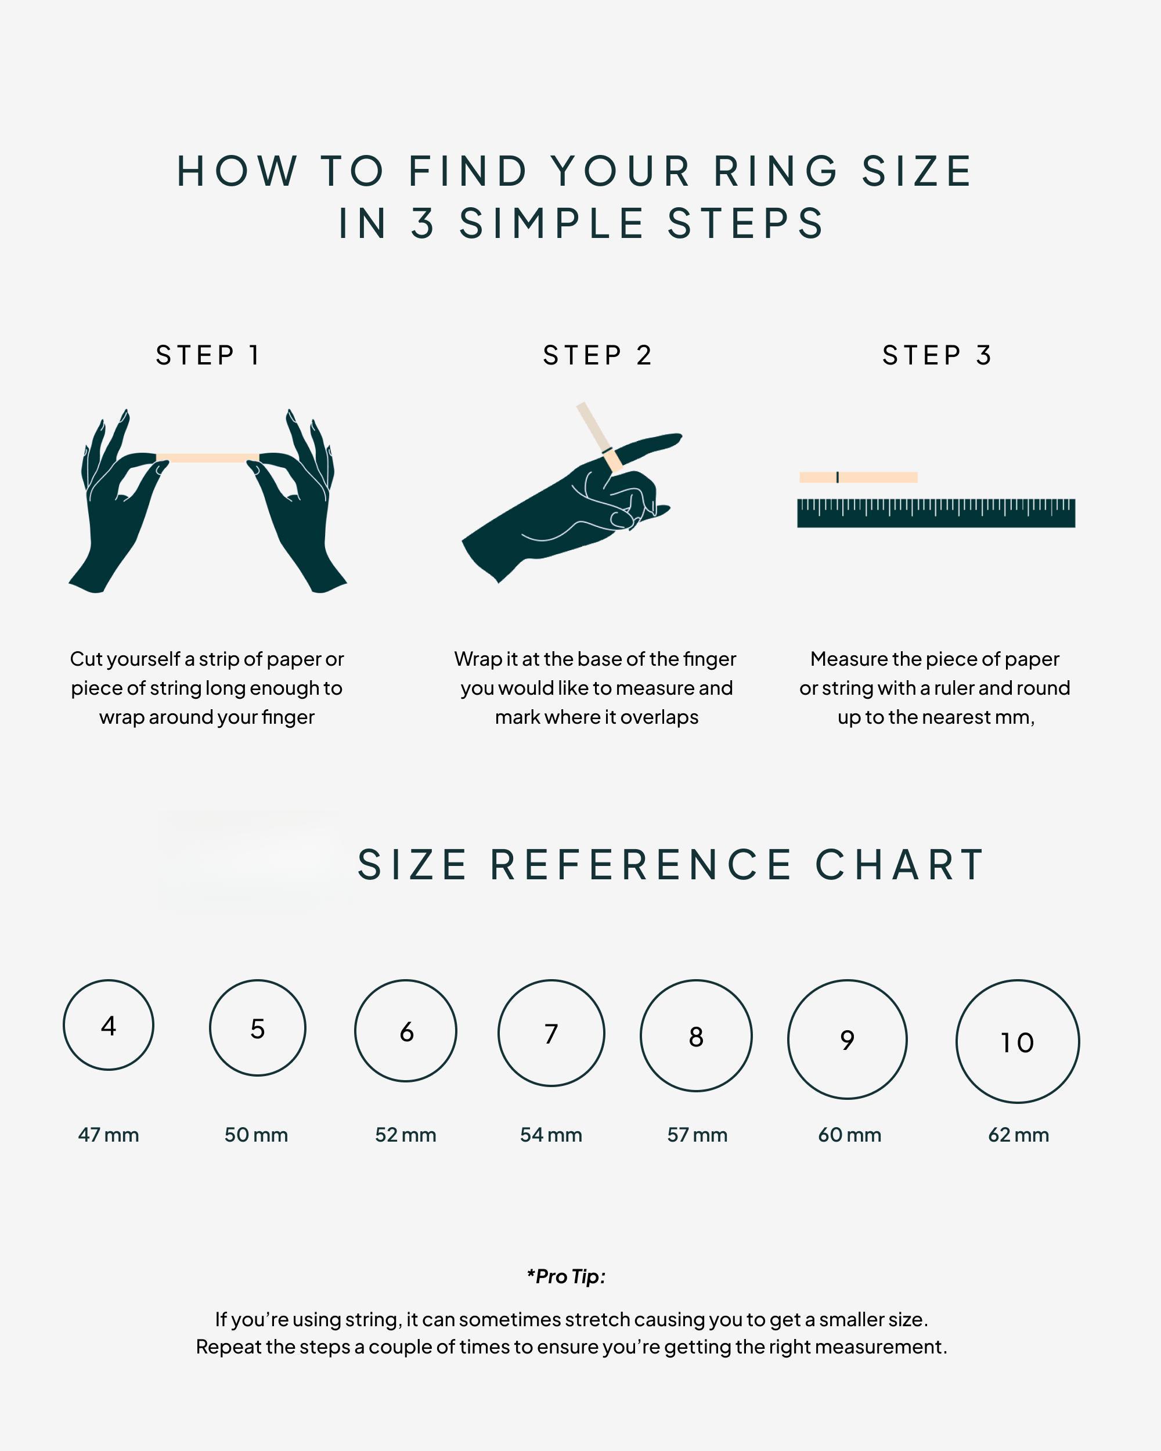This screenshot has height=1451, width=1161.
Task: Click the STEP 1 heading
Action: pos(207,355)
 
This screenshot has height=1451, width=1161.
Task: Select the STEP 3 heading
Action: pos(937,355)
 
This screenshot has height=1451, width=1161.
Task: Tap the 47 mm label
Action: pos(109,1135)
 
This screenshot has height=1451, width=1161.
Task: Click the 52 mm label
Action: pos(406,1135)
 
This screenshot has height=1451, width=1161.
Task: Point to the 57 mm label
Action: pos(697,1135)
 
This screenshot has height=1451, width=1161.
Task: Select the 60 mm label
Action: pos(849,1135)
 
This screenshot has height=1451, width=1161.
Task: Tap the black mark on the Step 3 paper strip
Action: pos(837,477)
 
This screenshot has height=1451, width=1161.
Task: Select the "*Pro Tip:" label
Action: pos(566,1277)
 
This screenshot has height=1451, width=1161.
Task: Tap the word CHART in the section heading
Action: pos(900,865)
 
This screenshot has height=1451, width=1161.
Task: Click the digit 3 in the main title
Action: pos(423,223)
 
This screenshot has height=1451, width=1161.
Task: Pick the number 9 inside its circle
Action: pos(848,1041)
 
